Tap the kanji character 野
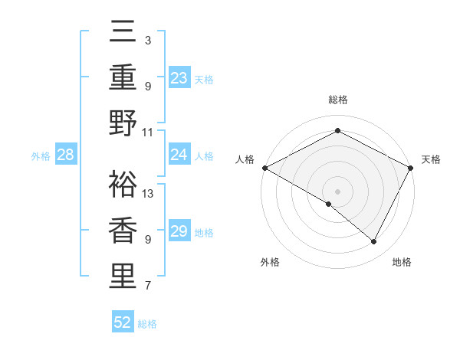pyautogui.click(x=123, y=123)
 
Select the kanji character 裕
pyautogui.click(x=123, y=184)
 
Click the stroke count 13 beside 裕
pyautogui.click(x=148, y=193)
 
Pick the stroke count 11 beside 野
pyautogui.click(x=148, y=132)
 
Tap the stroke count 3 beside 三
pyautogui.click(x=148, y=40)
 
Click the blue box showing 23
pyautogui.click(x=179, y=77)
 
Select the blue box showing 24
pyautogui.click(x=179, y=155)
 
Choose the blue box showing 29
pyautogui.click(x=179, y=231)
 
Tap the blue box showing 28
pyautogui.click(x=66, y=155)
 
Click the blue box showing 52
pyautogui.click(x=123, y=322)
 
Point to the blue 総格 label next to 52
pyautogui.click(x=148, y=324)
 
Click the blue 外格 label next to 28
pyautogui.click(x=41, y=156)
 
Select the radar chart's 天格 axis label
pyautogui.click(x=431, y=159)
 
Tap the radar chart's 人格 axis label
pyautogui.click(x=245, y=159)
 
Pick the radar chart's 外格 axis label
pyautogui.click(x=270, y=262)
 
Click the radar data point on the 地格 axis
pyautogui.click(x=374, y=242)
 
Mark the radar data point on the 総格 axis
pyautogui.click(x=337, y=131)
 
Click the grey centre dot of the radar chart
pyautogui.click(x=337, y=191)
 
